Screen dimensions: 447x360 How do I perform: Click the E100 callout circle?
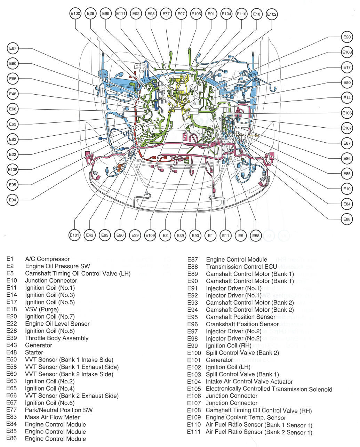[x=75, y=14]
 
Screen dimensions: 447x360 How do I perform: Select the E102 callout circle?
[x=272, y=14]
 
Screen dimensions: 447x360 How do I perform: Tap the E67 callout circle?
[x=13, y=48]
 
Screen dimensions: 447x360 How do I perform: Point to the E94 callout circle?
[x=13, y=200]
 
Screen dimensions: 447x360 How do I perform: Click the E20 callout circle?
[x=347, y=37]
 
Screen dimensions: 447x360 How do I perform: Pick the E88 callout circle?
[x=347, y=219]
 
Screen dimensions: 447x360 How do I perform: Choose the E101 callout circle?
[x=74, y=236]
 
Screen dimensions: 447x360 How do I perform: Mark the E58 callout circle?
[x=256, y=236]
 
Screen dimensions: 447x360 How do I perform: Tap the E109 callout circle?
[x=150, y=236]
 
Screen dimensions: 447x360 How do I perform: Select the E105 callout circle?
[x=196, y=14]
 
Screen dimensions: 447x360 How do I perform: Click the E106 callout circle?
[x=347, y=113]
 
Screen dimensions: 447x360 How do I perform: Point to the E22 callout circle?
[x=13, y=154]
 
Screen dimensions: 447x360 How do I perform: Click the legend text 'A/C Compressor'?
[x=47, y=259]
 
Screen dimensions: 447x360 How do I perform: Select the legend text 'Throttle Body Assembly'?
[x=57, y=338]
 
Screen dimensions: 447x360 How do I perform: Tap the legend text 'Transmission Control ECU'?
[x=241, y=267]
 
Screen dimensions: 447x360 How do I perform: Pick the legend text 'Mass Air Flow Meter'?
[x=52, y=417]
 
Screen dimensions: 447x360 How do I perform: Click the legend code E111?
[x=194, y=432]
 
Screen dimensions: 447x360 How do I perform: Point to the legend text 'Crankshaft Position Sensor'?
[x=242, y=324]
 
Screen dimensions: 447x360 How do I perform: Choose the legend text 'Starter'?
[x=34, y=352]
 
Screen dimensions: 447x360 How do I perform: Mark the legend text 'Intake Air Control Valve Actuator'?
[x=249, y=382]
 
